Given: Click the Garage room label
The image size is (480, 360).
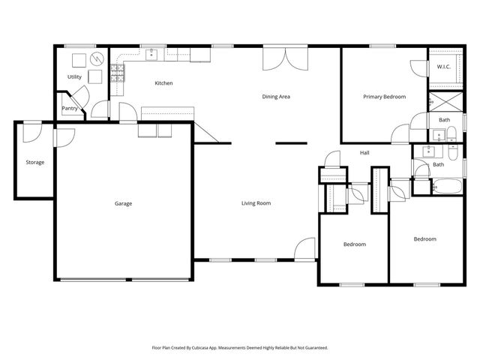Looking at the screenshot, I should (x=124, y=203).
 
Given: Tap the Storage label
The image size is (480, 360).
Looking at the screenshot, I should (x=34, y=162).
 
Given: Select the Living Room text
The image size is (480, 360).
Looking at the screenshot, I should (x=256, y=203).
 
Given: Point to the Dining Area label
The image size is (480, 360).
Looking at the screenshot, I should (x=276, y=97).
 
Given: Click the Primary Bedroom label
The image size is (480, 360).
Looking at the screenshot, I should (x=384, y=97).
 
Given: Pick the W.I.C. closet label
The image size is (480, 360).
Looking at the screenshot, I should (x=443, y=67).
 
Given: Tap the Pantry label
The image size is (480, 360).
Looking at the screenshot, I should (x=70, y=108).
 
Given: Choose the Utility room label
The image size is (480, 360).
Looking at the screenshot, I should (x=74, y=76).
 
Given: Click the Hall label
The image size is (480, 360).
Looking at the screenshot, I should (x=364, y=153).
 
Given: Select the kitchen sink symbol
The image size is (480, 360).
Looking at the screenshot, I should (x=152, y=53).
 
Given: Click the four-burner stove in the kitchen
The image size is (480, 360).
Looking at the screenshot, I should (x=118, y=73).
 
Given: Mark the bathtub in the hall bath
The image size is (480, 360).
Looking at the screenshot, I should (x=447, y=187).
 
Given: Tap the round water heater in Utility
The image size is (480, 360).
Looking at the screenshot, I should (x=96, y=58).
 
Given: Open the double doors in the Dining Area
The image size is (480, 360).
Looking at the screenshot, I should (x=284, y=58).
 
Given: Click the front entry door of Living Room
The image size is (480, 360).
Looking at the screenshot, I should (x=305, y=250).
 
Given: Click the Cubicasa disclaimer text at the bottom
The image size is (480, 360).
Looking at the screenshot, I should (x=240, y=348).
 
